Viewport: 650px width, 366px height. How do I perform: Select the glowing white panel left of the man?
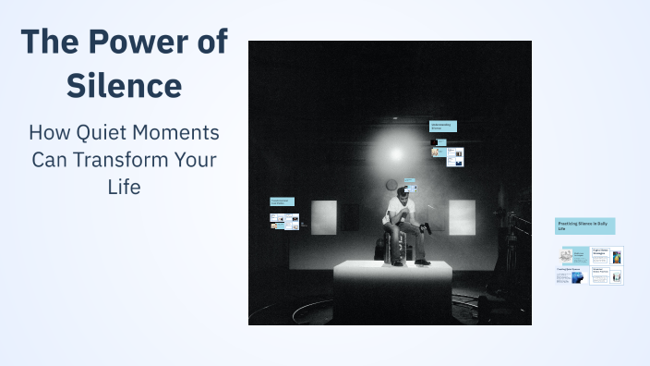[324, 216]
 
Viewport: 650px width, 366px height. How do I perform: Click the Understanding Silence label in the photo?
[443, 126]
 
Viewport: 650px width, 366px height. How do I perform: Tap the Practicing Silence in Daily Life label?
[584, 226]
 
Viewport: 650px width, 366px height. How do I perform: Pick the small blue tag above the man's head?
[409, 185]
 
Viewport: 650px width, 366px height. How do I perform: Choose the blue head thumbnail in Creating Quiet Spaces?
[576, 276]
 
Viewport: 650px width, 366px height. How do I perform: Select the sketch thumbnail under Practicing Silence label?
[565, 254]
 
